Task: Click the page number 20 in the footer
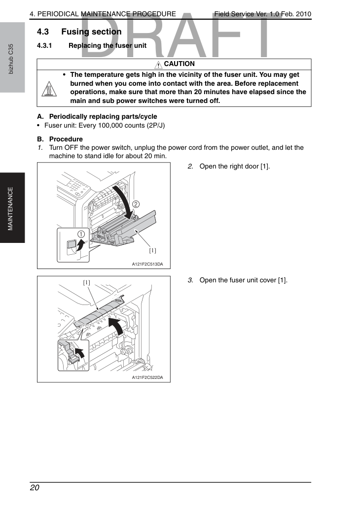35,488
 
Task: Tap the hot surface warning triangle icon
49,89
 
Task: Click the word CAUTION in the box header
179,64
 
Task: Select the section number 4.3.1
44,46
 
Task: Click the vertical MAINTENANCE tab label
10,209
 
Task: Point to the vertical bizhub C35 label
11,59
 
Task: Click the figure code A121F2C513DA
147,264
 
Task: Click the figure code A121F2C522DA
147,377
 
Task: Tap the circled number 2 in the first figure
136,204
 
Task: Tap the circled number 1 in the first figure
81,234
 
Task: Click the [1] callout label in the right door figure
153,251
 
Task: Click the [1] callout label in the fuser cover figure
86,283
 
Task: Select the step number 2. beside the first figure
190,167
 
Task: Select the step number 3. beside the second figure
190,280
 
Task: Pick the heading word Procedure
66,139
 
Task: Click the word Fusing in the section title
75,32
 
